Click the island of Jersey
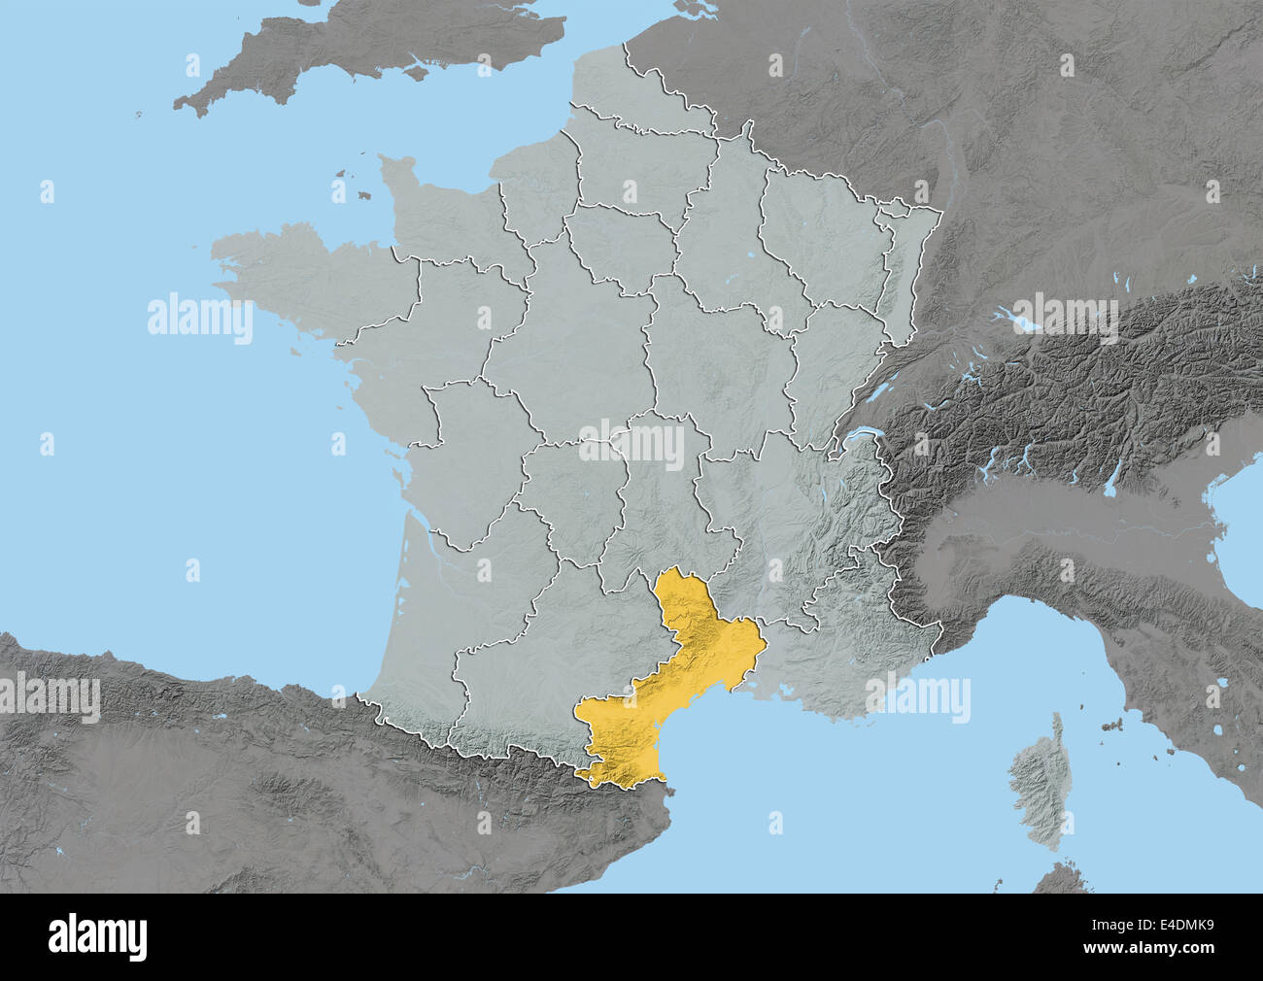[363, 195]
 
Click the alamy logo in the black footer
[98, 936]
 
